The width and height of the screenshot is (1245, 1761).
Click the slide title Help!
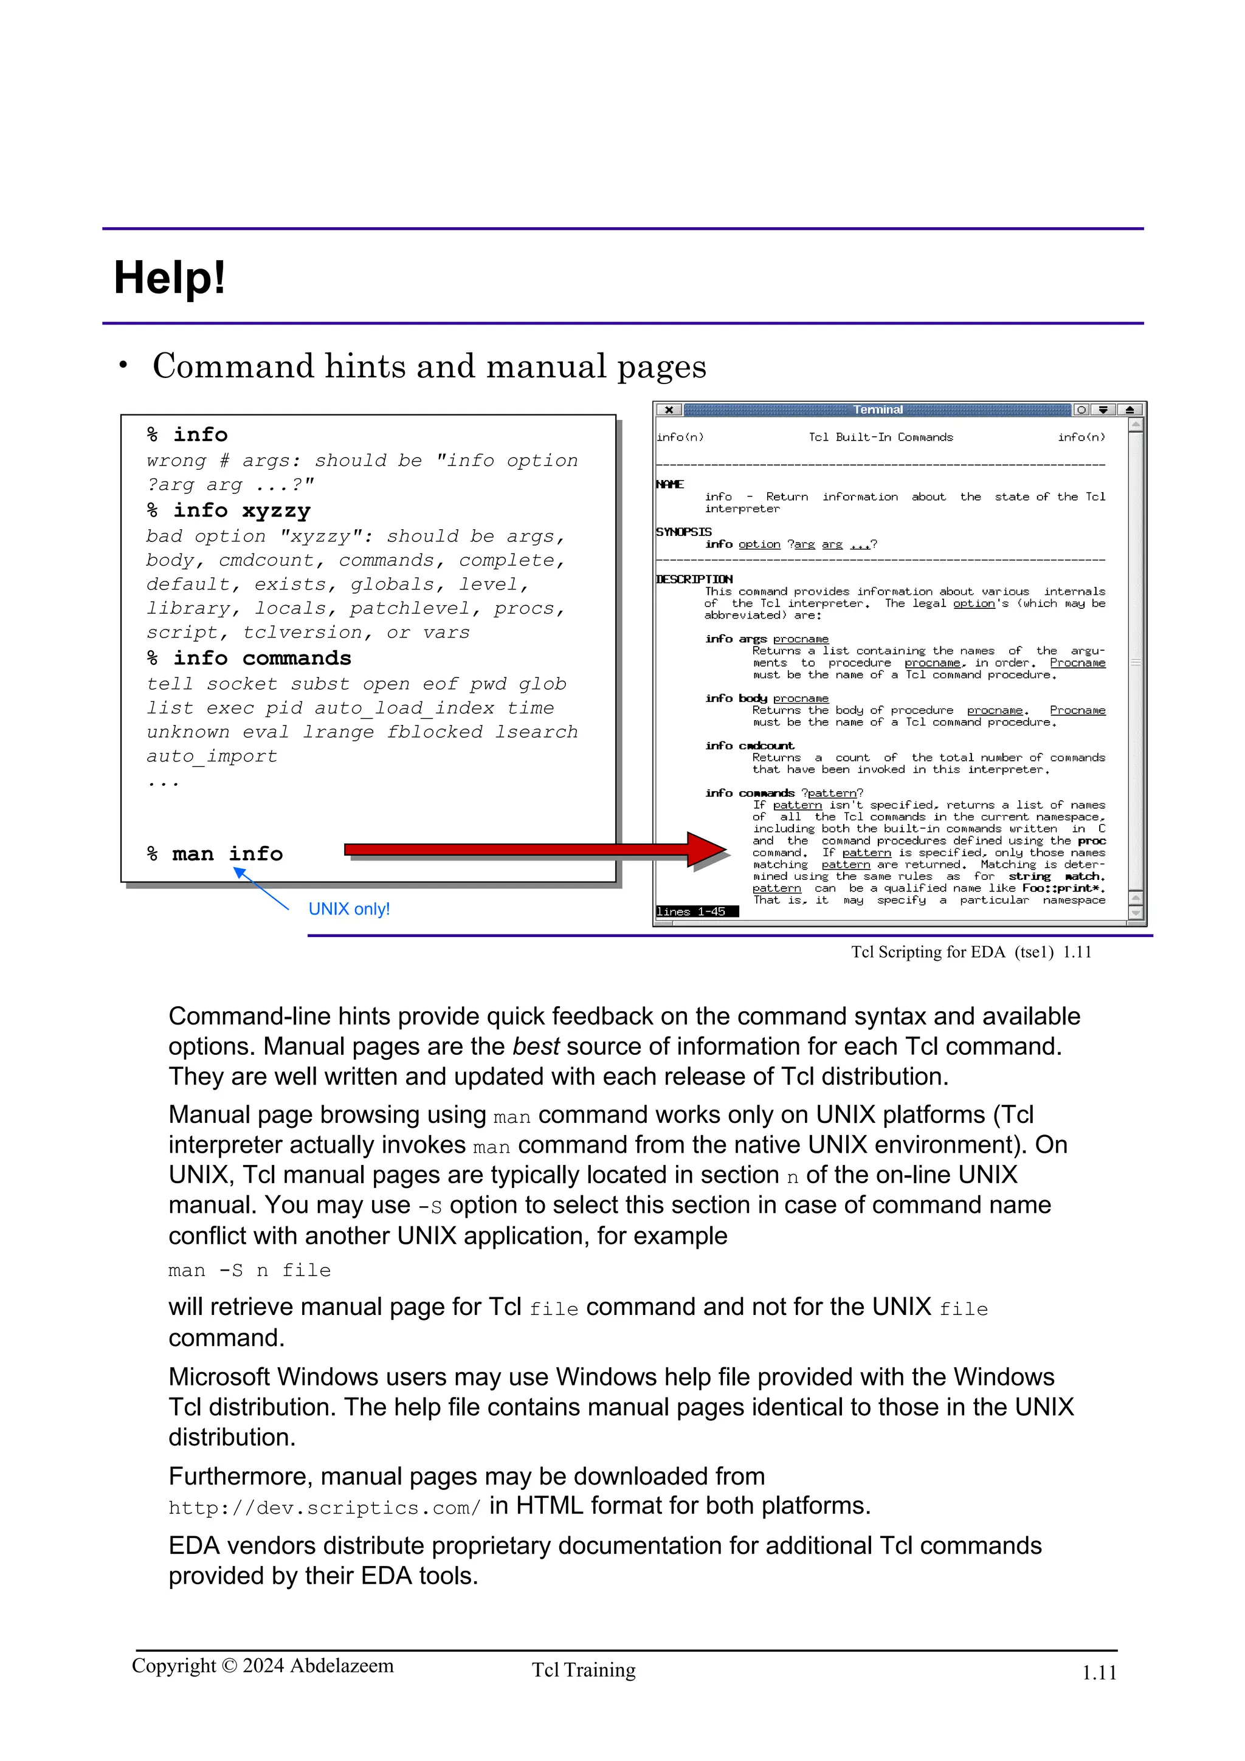[x=170, y=278]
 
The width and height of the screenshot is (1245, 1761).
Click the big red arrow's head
[x=707, y=848]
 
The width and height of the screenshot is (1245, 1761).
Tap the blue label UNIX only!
[x=349, y=909]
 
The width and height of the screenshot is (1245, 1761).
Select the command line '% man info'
[x=215, y=854]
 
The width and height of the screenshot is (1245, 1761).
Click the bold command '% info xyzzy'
[x=229, y=511]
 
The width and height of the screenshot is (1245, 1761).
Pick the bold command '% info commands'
[x=249, y=658]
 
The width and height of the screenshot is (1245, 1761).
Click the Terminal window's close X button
[x=669, y=410]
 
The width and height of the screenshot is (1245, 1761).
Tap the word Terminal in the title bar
[x=878, y=410]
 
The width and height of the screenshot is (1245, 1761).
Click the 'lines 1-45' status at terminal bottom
[x=692, y=911]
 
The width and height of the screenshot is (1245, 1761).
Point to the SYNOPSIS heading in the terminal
[x=683, y=532]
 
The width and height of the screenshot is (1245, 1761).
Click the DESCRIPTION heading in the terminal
[x=694, y=579]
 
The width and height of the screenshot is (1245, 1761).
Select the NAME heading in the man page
[x=670, y=484]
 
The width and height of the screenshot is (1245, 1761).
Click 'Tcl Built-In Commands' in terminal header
[x=881, y=437]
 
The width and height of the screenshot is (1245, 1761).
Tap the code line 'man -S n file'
[x=249, y=1271]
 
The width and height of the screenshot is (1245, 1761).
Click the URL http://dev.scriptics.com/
[x=324, y=1508]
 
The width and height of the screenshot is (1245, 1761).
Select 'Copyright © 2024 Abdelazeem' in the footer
[x=263, y=1666]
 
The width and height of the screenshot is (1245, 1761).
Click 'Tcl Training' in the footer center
[x=584, y=1670]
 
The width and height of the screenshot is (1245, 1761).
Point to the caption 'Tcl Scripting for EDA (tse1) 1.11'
[x=970, y=952]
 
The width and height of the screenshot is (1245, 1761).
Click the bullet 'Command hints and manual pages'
[x=429, y=366]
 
